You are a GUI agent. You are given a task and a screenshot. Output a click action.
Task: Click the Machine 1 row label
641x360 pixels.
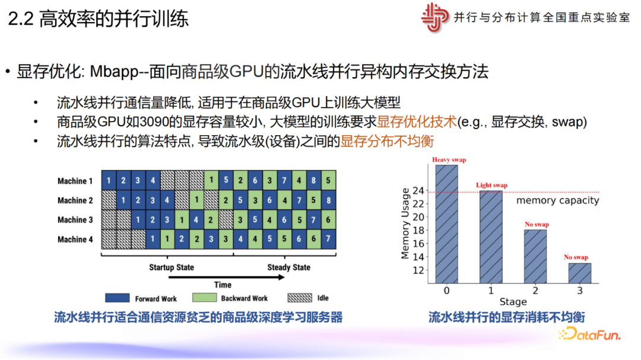[x=75, y=181]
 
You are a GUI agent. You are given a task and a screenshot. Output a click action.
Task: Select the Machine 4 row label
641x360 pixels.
[x=75, y=239]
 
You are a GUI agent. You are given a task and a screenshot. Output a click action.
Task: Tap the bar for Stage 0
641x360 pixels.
[x=446, y=224]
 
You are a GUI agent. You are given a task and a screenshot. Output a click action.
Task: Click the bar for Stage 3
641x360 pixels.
[x=580, y=273]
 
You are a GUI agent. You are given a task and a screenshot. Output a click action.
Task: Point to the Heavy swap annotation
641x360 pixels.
[x=449, y=160]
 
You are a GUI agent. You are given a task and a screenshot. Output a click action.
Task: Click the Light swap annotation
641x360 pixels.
[x=491, y=185]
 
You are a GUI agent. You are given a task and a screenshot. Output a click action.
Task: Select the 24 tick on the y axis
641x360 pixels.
[x=418, y=190]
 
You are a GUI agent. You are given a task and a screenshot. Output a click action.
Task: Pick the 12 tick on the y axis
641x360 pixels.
[x=418, y=270]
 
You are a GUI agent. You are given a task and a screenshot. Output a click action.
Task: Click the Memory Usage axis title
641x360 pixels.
[x=405, y=224]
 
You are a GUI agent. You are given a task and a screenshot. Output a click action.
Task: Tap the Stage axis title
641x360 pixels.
[x=513, y=302]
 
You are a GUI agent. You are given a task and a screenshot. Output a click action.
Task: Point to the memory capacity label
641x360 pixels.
[x=557, y=200]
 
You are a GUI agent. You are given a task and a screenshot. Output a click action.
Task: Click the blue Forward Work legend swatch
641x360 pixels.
[x=118, y=298]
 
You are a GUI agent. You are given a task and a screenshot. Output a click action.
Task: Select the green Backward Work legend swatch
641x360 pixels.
[x=204, y=298]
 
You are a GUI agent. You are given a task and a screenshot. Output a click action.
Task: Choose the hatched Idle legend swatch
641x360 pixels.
[x=300, y=298]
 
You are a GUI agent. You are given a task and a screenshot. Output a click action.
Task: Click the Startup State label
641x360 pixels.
[x=172, y=267]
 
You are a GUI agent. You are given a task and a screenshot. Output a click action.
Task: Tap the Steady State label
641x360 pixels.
[x=288, y=267]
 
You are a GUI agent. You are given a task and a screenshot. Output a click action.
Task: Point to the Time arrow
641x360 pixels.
[x=227, y=278]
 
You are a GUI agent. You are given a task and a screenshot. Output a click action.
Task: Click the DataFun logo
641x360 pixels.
[x=590, y=334]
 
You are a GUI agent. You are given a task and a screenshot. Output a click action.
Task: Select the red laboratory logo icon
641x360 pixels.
[x=434, y=17]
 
